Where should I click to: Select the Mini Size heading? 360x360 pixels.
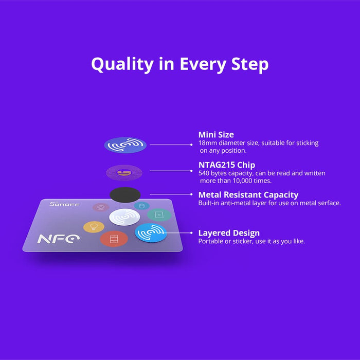216,135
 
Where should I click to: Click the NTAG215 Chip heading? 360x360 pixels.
227,165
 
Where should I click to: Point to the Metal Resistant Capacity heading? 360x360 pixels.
248,195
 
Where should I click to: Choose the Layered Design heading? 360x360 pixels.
229,233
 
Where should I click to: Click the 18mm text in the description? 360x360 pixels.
207,143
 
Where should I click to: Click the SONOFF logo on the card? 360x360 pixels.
60,205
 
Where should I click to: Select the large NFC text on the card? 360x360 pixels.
59,239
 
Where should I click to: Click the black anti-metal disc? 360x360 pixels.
125,195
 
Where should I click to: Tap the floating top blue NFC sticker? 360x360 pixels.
125,145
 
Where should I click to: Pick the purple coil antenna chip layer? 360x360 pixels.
124,172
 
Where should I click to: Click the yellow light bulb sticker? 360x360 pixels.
94,227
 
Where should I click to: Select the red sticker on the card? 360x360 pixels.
114,238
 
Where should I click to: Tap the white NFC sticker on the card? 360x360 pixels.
124,217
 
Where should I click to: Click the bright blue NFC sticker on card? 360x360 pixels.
151,232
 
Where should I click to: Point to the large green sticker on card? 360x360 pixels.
159,214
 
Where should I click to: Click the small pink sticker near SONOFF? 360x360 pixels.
101,207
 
